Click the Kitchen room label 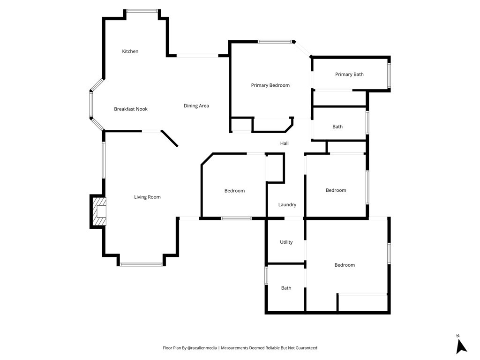[130, 51]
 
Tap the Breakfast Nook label [131, 109]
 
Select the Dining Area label [196, 106]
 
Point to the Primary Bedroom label [270, 85]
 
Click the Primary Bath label [349, 75]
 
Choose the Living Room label [147, 197]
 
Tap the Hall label [285, 143]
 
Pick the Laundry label [287, 205]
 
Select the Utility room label [286, 242]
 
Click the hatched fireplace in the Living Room [98, 211]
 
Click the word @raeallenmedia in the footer [202, 348]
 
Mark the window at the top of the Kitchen [142, 11]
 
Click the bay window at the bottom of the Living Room [141, 264]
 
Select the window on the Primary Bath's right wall [389, 75]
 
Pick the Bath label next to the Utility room [286, 288]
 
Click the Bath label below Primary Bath [337, 127]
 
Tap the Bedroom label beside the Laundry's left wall [234, 191]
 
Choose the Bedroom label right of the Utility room [345, 265]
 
